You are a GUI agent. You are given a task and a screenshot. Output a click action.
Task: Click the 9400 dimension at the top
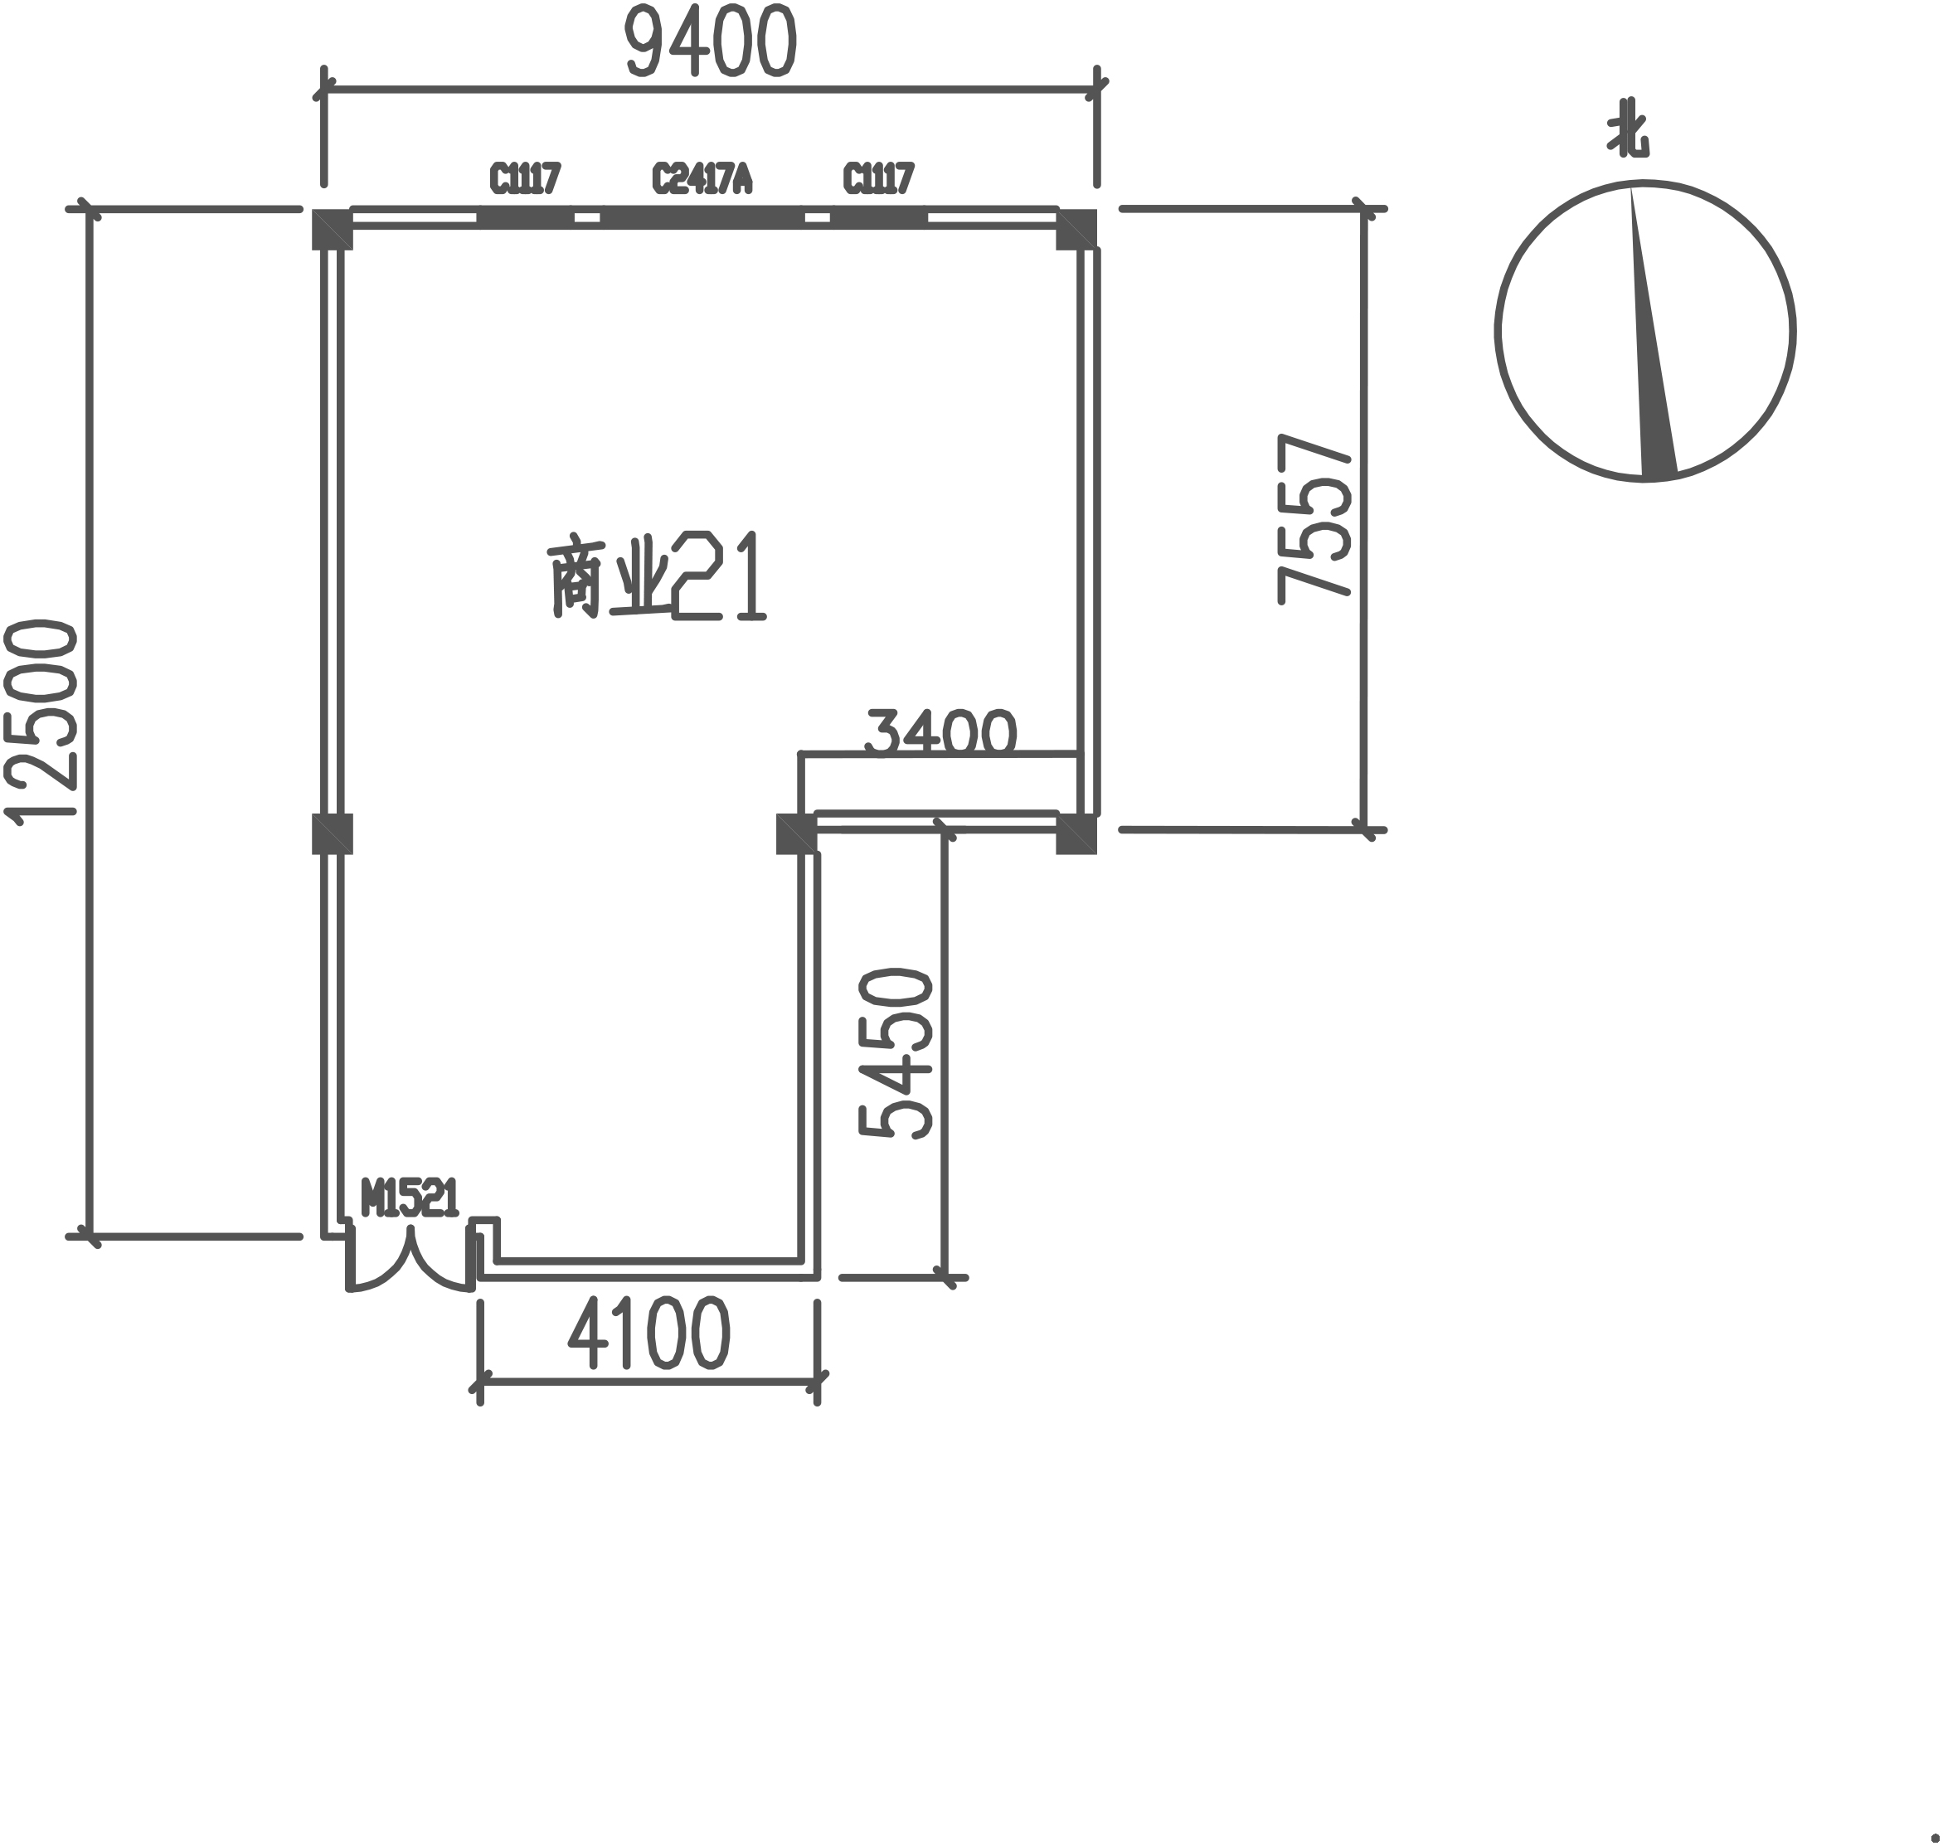[711, 41]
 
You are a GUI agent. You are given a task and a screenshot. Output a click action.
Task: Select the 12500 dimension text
[41, 719]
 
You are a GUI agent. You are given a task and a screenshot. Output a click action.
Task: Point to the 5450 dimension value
[896, 1054]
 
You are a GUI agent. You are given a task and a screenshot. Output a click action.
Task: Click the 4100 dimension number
[649, 1333]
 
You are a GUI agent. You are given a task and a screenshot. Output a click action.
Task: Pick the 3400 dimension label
[940, 731]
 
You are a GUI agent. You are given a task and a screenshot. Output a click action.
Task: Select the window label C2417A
[702, 179]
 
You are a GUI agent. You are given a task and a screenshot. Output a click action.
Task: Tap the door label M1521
[410, 1198]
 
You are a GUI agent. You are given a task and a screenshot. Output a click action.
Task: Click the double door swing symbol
[410, 1262]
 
